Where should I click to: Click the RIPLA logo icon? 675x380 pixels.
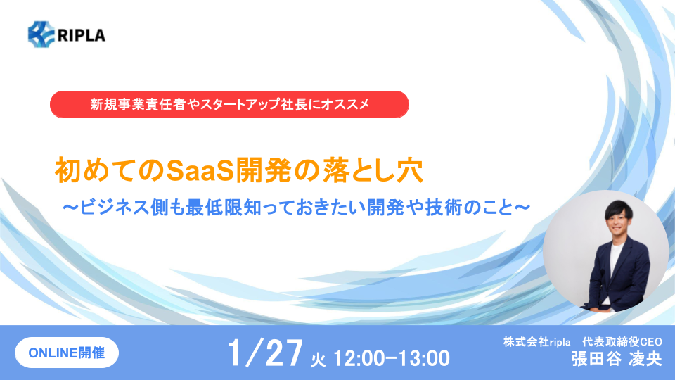(x=41, y=34)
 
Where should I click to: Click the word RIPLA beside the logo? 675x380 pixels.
(x=82, y=35)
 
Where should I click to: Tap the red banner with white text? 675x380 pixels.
(x=229, y=104)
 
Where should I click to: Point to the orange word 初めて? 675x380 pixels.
(x=97, y=171)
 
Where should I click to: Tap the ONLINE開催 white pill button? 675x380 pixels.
(x=67, y=353)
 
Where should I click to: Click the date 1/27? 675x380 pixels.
(x=265, y=353)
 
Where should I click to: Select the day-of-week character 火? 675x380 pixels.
(x=318, y=360)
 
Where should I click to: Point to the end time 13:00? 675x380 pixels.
(x=424, y=358)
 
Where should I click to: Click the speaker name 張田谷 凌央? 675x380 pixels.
(x=617, y=359)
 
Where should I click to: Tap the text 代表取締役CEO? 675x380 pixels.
(x=622, y=342)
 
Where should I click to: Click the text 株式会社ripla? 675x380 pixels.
(x=536, y=342)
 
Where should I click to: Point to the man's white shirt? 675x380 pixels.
(x=615, y=258)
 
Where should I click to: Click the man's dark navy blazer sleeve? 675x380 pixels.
(x=639, y=276)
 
